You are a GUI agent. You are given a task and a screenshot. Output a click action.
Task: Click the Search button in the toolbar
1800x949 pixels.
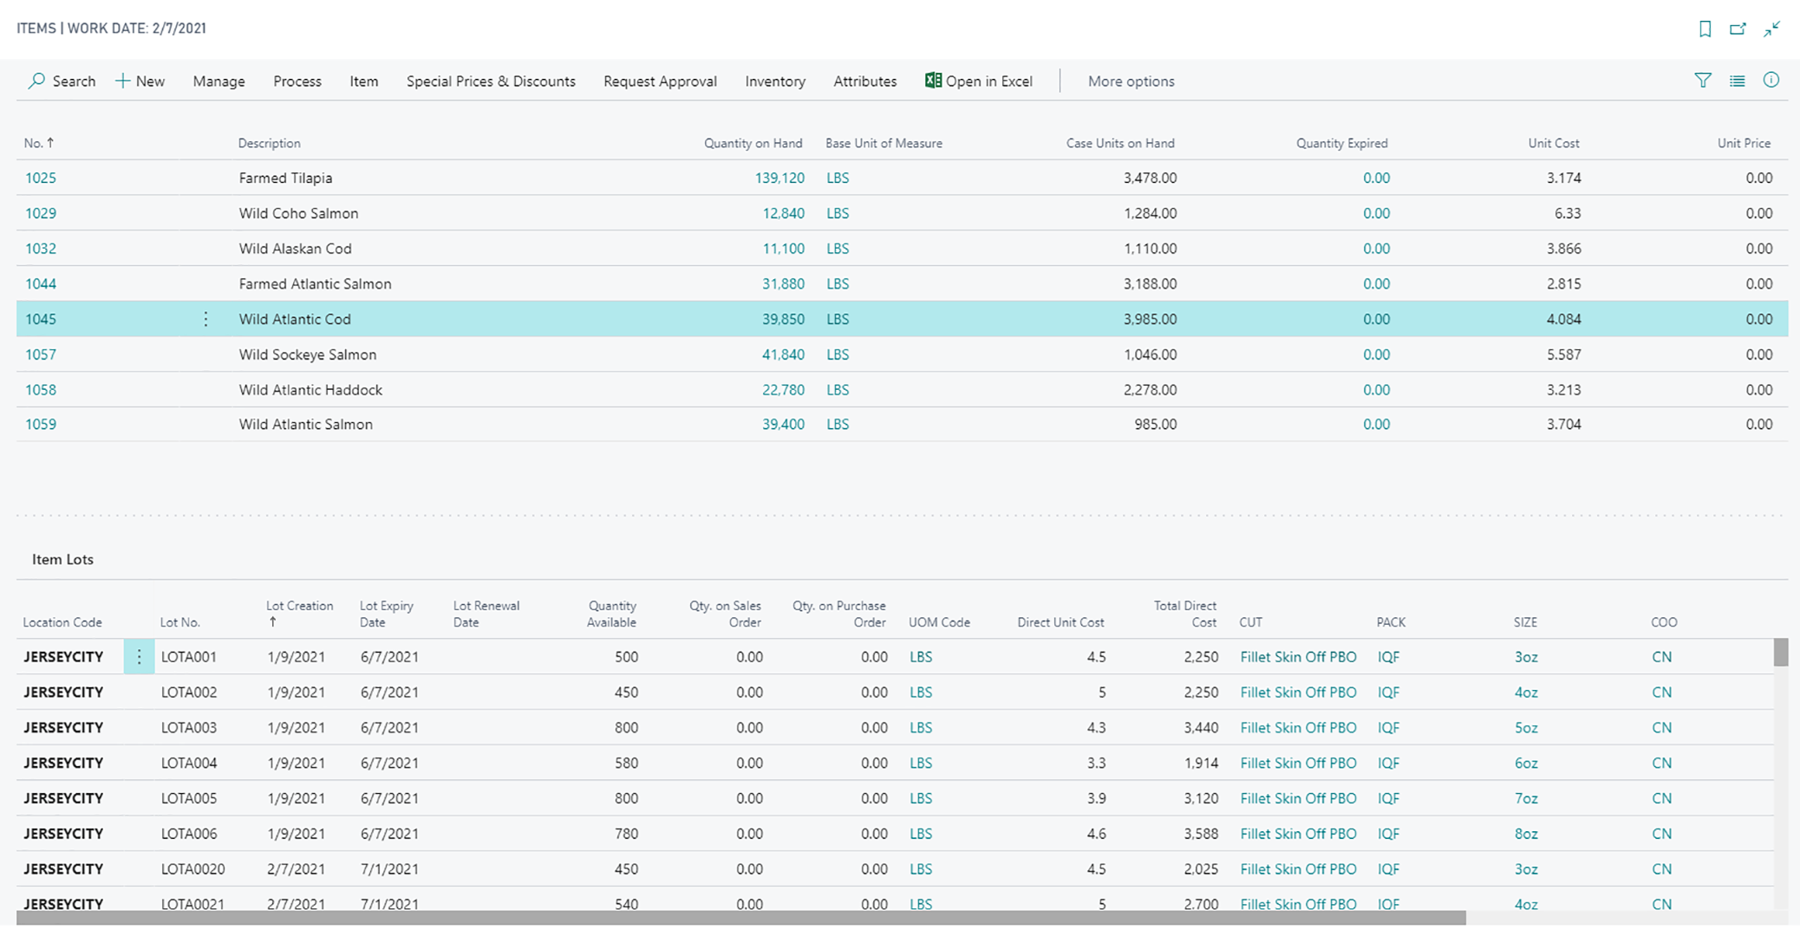tap(62, 81)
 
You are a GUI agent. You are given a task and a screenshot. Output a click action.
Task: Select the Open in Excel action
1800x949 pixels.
tap(979, 81)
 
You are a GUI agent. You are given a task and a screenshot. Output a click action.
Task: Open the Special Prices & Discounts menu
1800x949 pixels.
tap(491, 81)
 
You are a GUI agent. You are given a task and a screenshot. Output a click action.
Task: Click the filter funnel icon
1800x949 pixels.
tap(1702, 81)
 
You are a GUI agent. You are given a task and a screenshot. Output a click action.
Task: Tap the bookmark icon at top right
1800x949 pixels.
tap(1705, 29)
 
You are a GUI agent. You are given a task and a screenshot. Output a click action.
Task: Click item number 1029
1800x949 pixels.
tap(41, 213)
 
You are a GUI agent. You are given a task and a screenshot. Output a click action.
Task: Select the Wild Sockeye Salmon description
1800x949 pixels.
tap(308, 354)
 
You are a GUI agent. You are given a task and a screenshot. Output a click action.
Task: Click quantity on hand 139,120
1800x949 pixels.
tap(779, 178)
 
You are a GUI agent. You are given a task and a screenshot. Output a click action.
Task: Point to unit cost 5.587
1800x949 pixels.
tap(1563, 354)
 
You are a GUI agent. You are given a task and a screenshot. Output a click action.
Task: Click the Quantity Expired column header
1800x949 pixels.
tap(1341, 143)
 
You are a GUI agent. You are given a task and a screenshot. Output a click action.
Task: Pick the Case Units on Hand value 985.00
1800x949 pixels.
tap(1155, 425)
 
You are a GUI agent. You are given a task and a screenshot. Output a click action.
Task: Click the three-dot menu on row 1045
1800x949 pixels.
tap(205, 319)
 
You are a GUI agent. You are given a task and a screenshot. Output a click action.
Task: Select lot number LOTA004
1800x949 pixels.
tap(189, 764)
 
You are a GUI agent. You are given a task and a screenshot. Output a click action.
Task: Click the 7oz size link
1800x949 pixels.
tap(1526, 798)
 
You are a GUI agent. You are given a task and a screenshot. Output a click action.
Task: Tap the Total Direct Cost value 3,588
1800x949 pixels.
tap(1201, 834)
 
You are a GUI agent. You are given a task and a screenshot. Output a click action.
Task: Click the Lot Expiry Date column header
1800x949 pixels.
tap(387, 614)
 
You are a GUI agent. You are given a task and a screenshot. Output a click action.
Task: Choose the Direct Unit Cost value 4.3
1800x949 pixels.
tap(1096, 728)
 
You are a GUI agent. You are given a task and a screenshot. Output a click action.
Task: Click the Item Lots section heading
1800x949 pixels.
tap(62, 559)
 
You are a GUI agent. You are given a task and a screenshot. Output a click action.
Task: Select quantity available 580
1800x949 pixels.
tap(626, 764)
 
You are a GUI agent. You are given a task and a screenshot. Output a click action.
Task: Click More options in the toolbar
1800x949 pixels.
tap(1131, 81)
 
